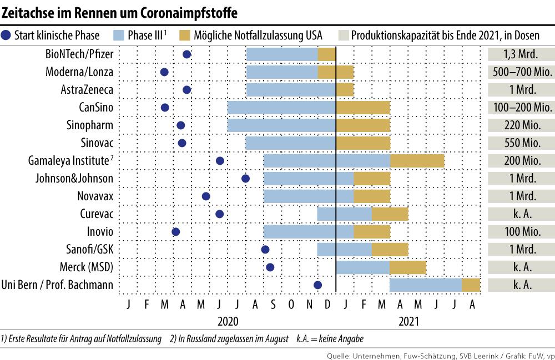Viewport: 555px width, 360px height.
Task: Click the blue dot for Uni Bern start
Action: pyautogui.click(x=317, y=285)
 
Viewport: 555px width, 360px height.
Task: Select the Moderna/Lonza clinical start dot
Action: pyautogui.click(x=164, y=72)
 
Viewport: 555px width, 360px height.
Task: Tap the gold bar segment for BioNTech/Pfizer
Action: pyautogui.click(x=326, y=54)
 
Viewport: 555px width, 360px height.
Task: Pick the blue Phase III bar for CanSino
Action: pyautogui.click(x=281, y=108)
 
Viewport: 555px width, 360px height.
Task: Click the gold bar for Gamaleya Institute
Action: pyautogui.click(x=417, y=161)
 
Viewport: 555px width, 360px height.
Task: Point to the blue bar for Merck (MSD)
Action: pyautogui.click(x=362, y=267)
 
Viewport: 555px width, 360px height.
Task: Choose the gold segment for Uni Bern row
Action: pyautogui.click(x=471, y=285)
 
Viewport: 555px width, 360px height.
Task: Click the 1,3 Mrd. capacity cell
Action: pyautogui.click(x=521, y=54)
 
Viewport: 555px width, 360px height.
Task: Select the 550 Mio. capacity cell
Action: pyautogui.click(x=521, y=143)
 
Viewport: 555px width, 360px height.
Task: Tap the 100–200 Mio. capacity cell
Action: pyautogui.click(x=521, y=108)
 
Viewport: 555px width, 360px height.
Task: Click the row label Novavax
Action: pyautogui.click(x=95, y=196)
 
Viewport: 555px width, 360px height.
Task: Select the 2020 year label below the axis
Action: pyautogui.click(x=228, y=321)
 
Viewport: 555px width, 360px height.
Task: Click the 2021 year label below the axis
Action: pyautogui.click(x=408, y=321)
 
